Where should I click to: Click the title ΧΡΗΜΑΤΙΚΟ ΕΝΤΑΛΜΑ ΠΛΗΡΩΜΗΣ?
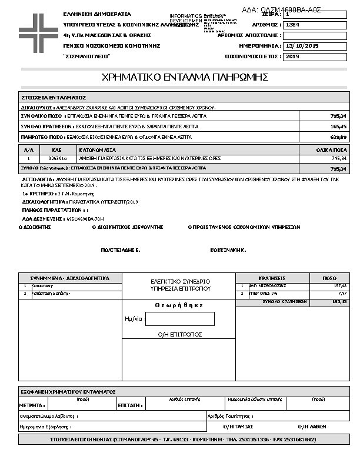185,77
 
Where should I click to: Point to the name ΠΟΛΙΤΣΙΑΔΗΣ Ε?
120,250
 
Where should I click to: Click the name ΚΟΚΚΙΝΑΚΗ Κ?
228,250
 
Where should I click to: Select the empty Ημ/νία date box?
179,319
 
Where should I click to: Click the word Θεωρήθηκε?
179,305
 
